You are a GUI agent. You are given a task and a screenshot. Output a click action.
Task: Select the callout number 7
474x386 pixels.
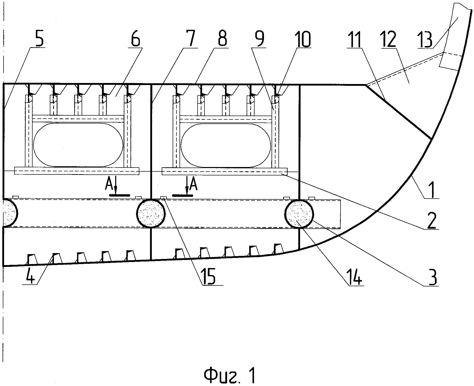[191, 39]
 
